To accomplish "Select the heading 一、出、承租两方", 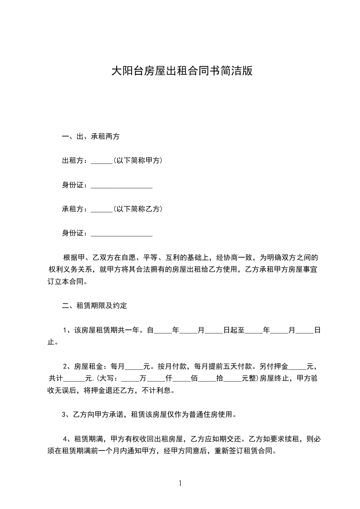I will click(x=90, y=136).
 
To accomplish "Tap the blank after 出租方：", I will click(x=101, y=161).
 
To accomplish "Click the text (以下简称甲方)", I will click(x=138, y=161).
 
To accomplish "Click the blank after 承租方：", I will click(x=101, y=210).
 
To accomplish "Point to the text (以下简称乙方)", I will click(x=138, y=210).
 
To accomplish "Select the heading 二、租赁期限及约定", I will click(x=94, y=306).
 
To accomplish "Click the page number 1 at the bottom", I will click(x=180, y=483).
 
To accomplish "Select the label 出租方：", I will click(x=76, y=161).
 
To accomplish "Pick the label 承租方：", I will click(x=76, y=210).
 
